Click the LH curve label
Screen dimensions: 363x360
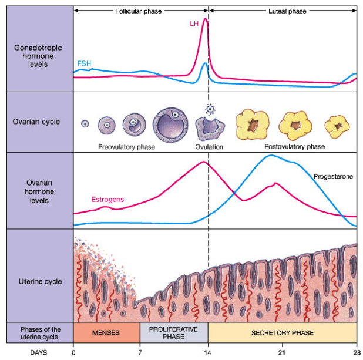(x=194, y=23)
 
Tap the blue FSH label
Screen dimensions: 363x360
(x=84, y=63)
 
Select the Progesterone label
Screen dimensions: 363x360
(x=333, y=176)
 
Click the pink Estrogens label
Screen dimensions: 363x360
(x=107, y=200)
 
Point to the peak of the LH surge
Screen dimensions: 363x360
(x=205, y=19)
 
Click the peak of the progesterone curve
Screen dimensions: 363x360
(x=271, y=156)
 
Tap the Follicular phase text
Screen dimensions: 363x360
(x=139, y=11)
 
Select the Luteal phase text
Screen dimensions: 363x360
(x=287, y=11)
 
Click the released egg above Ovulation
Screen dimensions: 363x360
(x=210, y=109)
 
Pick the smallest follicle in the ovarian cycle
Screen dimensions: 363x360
(x=85, y=124)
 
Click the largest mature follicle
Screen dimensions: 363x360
(x=170, y=125)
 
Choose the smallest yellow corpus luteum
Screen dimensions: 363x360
(x=337, y=127)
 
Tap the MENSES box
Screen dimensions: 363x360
(x=107, y=332)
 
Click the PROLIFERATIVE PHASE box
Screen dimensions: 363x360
(x=174, y=332)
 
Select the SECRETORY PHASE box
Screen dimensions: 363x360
(x=283, y=332)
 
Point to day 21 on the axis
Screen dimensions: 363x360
(x=282, y=352)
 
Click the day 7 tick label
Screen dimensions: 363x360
(x=140, y=352)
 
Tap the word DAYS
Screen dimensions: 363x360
(x=39, y=352)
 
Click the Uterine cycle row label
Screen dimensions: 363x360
(x=41, y=281)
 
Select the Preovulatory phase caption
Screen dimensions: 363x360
(x=126, y=147)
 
